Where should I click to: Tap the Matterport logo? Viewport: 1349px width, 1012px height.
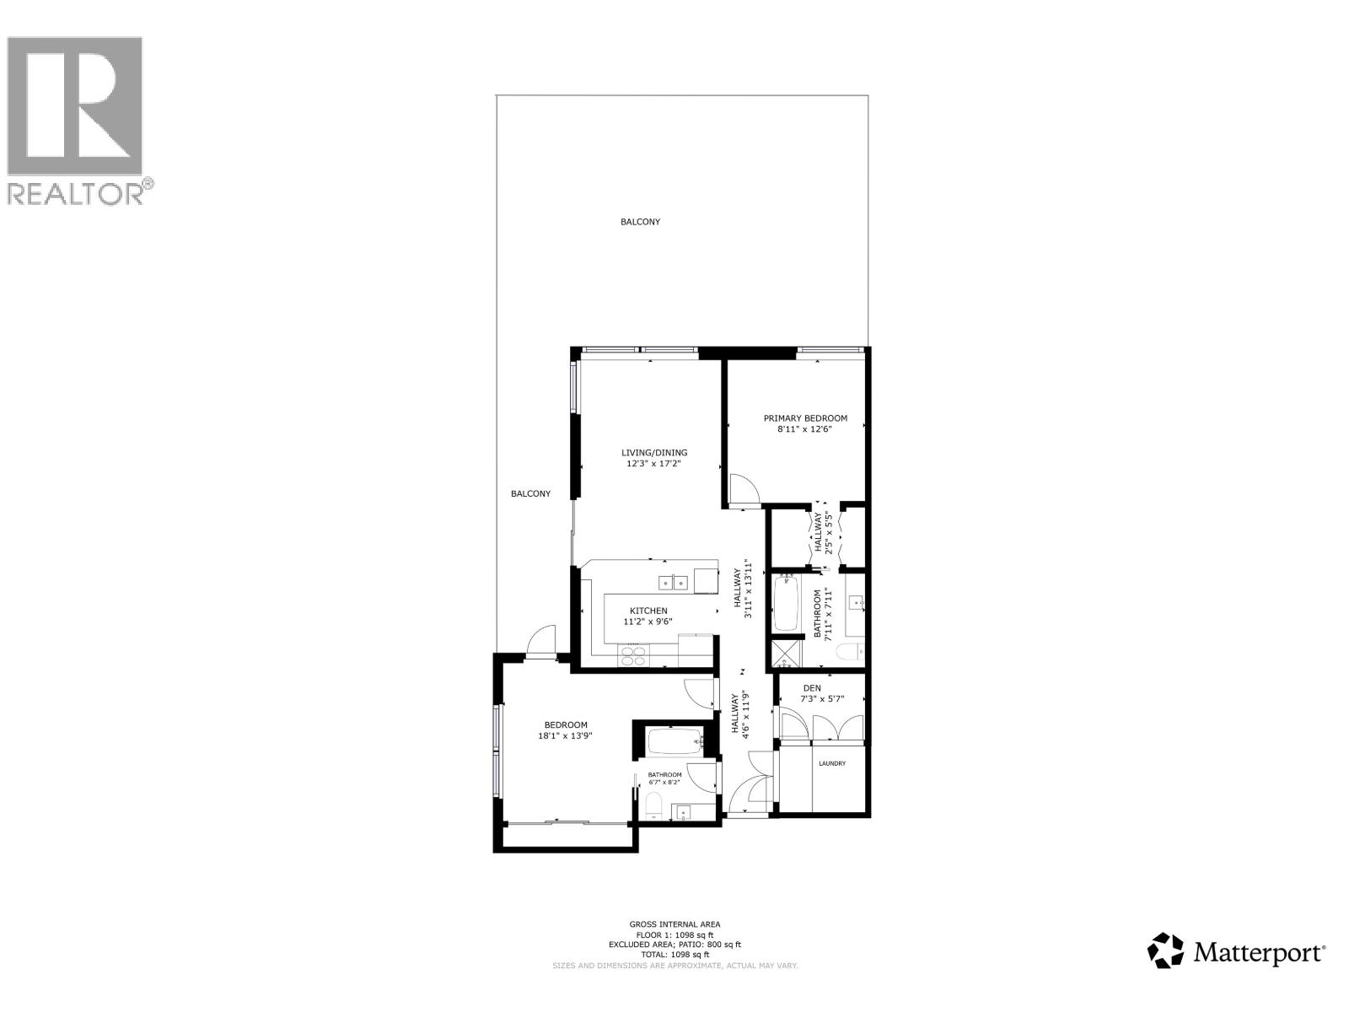1237,952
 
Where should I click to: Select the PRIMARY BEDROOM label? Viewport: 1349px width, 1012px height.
805,418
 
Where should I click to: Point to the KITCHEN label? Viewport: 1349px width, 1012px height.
648,611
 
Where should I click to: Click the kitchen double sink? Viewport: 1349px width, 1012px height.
673,581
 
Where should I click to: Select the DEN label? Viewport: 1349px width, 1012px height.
811,688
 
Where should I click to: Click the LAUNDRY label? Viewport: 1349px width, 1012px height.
831,764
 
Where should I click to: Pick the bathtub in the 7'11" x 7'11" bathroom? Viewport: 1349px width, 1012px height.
786,602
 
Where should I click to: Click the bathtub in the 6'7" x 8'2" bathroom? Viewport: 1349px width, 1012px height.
674,742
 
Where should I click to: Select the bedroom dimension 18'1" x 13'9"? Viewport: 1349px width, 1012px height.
565,736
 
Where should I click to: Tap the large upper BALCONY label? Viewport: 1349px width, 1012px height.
640,222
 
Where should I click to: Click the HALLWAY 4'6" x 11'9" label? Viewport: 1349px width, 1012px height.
740,714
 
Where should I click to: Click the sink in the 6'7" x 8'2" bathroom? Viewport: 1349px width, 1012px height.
682,813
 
